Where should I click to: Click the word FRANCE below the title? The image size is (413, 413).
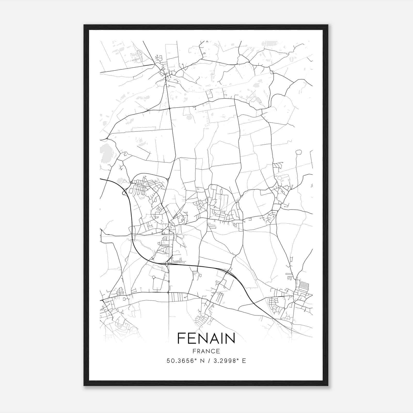click(206, 351)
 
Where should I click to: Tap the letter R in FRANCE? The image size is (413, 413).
click(197, 351)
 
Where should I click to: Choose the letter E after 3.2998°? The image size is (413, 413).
click(244, 361)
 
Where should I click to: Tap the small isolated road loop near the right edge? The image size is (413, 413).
click(299, 152)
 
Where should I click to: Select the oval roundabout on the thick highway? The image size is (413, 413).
click(167, 264)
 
